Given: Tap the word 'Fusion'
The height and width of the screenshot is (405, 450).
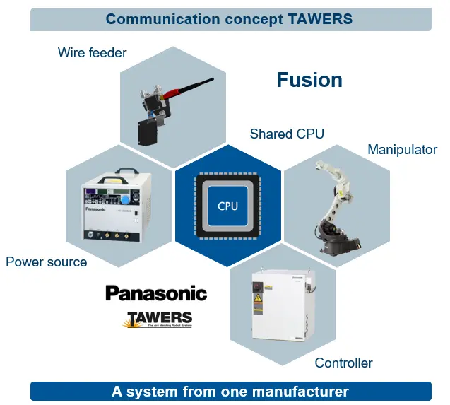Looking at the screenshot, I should coord(309,80).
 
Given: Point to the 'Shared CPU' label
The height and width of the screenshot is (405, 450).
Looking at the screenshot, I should coord(287,134).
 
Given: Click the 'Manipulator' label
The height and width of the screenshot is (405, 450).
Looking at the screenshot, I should coord(402,149).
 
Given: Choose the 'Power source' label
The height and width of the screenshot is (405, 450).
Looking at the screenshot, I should coord(47,262).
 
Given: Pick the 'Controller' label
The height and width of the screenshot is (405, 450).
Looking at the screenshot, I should coord(343,363).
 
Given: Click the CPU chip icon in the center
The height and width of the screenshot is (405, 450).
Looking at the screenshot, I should coord(227,206).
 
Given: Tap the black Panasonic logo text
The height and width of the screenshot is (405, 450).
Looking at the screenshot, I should coord(156,293).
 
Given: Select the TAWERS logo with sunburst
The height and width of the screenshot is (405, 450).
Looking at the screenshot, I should coord(158,319).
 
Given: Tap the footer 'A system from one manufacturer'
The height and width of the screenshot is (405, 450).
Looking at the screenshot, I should coord(230,391).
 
